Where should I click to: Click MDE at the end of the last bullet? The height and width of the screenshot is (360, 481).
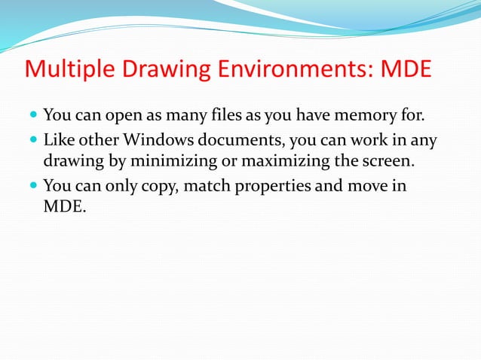[x=63, y=204]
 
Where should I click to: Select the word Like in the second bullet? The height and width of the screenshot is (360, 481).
[x=58, y=140]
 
